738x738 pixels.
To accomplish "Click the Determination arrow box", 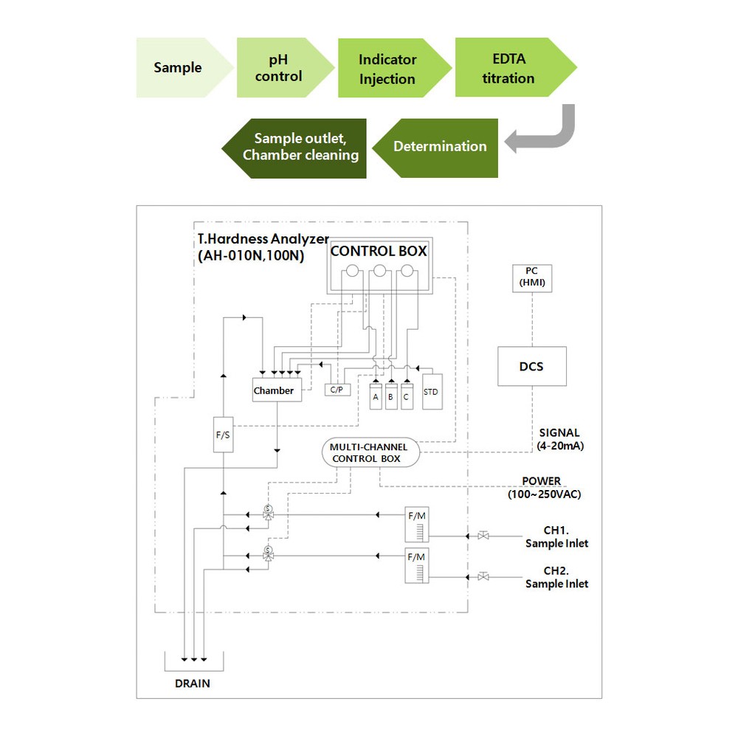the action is pyautogui.click(x=438, y=148).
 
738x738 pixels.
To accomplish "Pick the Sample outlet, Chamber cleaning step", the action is pyautogui.click(x=297, y=148).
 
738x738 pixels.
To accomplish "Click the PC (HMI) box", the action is pyautogui.click(x=532, y=279).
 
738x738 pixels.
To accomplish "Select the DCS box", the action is pyautogui.click(x=532, y=366).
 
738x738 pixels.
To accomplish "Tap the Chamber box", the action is pyautogui.click(x=277, y=390).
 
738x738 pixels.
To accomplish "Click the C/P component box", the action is pyautogui.click(x=337, y=390).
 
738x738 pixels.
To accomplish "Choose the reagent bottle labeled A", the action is pyautogui.click(x=376, y=396).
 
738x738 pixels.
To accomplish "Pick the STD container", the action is pyautogui.click(x=432, y=392).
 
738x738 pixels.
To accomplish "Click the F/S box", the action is pyautogui.click(x=223, y=435).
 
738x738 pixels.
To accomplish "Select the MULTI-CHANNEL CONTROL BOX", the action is pyautogui.click(x=370, y=452).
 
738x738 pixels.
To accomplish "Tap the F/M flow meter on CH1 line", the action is pyautogui.click(x=417, y=524).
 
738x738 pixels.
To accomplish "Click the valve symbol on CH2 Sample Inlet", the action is pyautogui.click(x=483, y=576).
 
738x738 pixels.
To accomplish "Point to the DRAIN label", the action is pyautogui.click(x=193, y=683).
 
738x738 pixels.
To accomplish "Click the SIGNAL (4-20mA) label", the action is pyautogui.click(x=560, y=439).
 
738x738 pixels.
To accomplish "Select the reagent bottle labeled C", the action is pyautogui.click(x=407, y=396).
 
